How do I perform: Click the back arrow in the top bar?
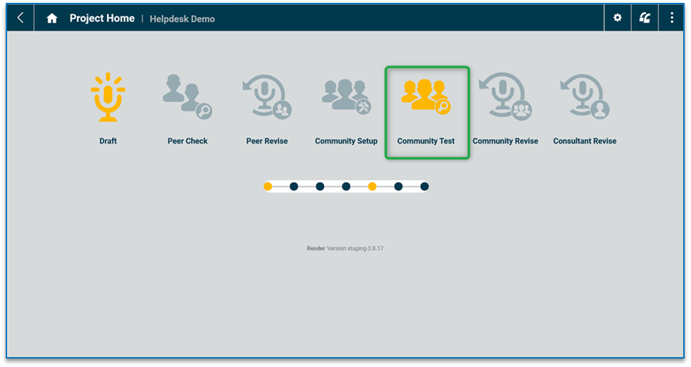point(20,18)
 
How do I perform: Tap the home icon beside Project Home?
point(52,19)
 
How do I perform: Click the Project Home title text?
point(102,19)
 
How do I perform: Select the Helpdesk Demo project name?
point(182,19)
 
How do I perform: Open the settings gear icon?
point(617,18)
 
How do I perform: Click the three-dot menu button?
point(672,18)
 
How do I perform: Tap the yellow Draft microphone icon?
point(108,96)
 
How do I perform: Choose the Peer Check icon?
point(187,96)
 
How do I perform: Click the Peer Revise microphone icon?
point(267,96)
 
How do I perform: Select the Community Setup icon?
point(346,96)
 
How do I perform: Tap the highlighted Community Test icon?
point(426,96)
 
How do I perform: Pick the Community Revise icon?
point(505,96)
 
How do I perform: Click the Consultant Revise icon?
point(585,96)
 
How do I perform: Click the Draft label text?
point(108,141)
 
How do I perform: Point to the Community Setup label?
point(346,141)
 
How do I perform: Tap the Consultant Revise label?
point(585,141)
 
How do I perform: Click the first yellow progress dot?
point(268,186)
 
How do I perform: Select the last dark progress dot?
point(425,186)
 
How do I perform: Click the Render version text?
point(345,248)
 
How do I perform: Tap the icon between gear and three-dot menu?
point(645,18)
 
